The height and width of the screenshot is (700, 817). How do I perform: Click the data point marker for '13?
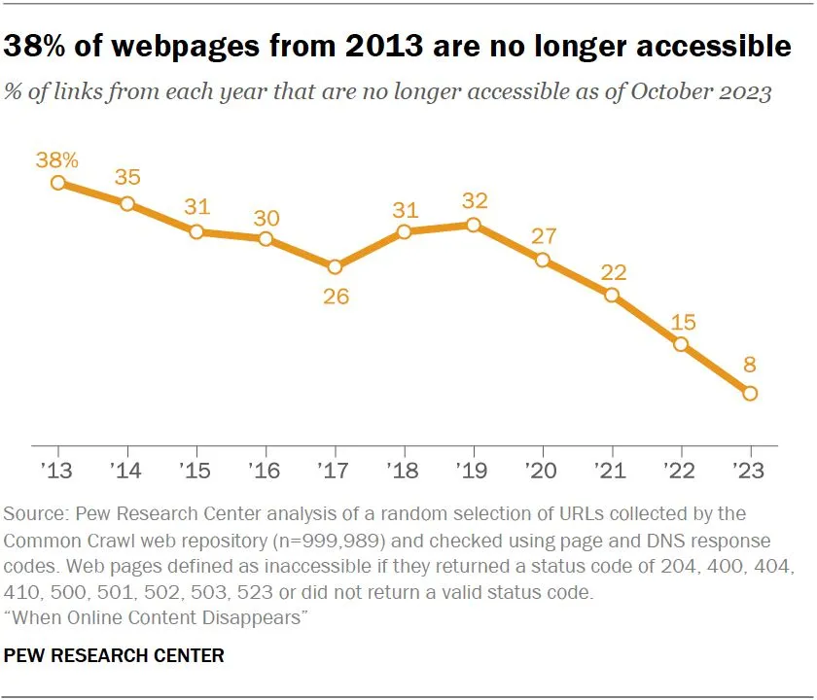coord(58,182)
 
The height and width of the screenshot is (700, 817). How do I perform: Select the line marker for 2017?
coord(335,266)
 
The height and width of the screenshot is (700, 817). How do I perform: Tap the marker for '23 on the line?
coord(750,394)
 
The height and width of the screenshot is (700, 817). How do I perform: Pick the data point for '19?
coord(474,225)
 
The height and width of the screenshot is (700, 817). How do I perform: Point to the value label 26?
coord(335,296)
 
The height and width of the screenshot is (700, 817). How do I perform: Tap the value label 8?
coord(750,367)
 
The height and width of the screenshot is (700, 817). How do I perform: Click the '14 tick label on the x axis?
coord(127,472)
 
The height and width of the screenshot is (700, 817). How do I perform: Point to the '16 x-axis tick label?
coord(266,472)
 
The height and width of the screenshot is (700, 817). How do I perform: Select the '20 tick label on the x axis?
coord(543,472)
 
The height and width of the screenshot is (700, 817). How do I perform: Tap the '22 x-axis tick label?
coord(681,472)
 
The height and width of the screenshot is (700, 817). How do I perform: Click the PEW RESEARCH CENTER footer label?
coord(115,656)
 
